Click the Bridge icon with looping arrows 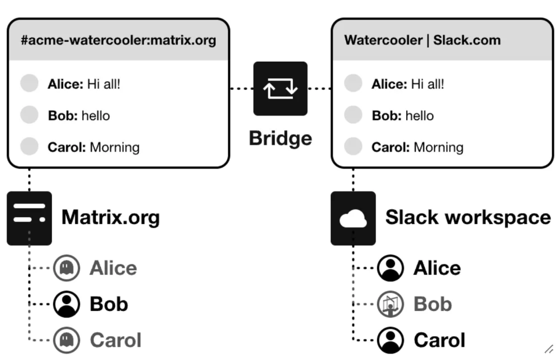280,89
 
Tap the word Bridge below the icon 280,138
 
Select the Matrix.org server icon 29,218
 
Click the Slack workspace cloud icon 353,218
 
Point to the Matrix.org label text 110,217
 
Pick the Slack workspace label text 468,217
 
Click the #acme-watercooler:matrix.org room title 118,40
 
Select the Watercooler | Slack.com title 422,40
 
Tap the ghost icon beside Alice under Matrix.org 67,268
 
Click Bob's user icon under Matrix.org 67,304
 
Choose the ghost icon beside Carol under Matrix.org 67,340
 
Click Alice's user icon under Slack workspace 390,268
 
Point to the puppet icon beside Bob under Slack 390,304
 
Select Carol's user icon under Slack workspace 390,340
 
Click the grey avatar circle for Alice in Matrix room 30,83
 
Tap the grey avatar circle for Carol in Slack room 353,147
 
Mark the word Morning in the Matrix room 114,147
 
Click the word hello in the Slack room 419,116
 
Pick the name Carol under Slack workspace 439,340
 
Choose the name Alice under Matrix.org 113,268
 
